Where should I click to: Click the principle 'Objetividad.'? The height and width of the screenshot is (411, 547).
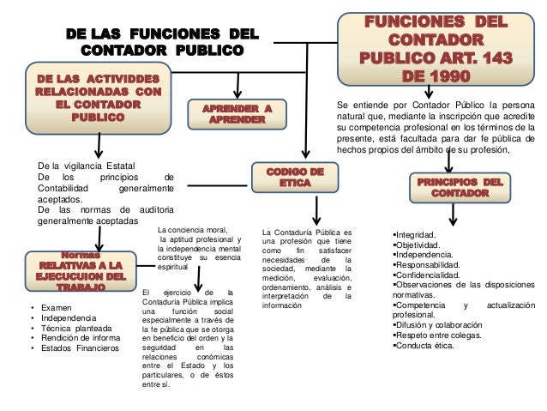(417, 245)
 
